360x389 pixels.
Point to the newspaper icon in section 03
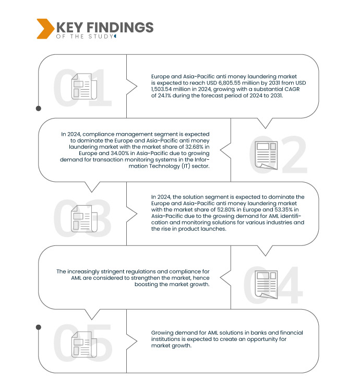coord(82,218)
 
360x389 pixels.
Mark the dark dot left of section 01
coord(39,109)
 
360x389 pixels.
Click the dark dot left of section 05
coord(39,327)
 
